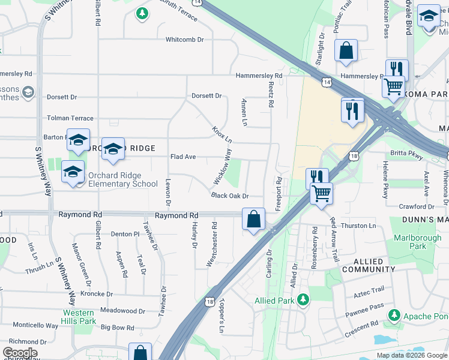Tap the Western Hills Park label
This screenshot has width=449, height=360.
point(79,317)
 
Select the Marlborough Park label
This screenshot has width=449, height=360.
point(417,242)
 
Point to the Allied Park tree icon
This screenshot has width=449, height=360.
point(304,299)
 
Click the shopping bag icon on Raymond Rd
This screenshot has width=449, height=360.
point(253,219)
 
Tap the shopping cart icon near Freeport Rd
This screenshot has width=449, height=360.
point(322,193)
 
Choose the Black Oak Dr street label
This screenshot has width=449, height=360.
point(229,196)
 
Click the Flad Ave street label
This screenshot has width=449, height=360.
point(183,157)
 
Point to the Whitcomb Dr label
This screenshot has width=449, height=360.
point(185,40)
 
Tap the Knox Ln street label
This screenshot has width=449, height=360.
point(221,136)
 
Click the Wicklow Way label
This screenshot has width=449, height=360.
point(222,167)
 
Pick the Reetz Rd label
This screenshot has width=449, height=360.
point(271,95)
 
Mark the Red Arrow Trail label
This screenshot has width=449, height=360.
point(334,239)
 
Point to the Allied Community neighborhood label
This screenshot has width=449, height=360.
point(369,266)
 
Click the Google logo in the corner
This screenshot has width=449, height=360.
point(20,353)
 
